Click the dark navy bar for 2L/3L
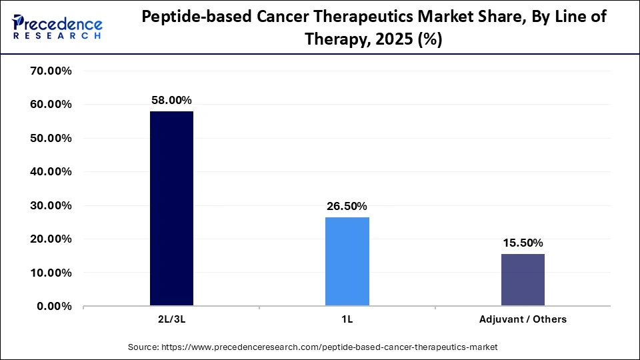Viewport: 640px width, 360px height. [171, 208]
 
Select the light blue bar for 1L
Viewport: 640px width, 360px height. [347, 261]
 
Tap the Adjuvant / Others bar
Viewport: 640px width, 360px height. [523, 279]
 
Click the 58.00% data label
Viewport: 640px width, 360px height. [171, 99]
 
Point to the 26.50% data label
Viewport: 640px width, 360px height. [347, 206]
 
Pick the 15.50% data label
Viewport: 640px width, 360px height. [523, 243]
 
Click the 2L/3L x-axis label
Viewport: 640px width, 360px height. [171, 319]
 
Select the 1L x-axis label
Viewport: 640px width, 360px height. [347, 319]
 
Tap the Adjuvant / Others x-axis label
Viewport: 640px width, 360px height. [523, 319]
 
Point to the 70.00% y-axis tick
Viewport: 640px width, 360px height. [51, 71]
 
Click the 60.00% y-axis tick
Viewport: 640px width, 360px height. [51, 105]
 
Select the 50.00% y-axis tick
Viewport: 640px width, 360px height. [51, 138]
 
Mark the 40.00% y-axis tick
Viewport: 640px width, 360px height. [51, 171]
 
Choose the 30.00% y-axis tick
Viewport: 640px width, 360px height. [51, 205]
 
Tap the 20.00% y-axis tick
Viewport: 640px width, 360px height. [51, 239]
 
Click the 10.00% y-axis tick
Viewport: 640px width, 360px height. [51, 273]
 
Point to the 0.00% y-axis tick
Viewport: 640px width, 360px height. [54, 306]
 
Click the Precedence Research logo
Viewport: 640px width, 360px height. [57, 27]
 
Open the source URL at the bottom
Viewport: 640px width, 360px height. [313, 347]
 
